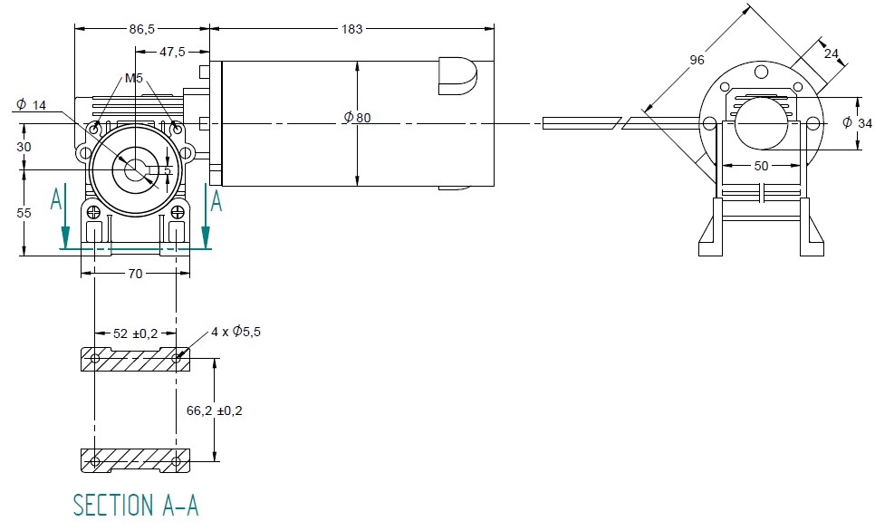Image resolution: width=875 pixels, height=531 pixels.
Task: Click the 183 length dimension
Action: point(351,29)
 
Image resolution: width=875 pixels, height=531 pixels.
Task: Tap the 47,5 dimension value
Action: point(172,53)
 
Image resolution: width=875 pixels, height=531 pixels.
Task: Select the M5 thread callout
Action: point(134,79)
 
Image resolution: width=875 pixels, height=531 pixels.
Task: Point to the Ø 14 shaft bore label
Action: point(31,105)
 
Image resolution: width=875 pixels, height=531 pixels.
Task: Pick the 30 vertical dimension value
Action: point(24,147)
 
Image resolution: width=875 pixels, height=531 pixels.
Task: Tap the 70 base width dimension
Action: point(135,273)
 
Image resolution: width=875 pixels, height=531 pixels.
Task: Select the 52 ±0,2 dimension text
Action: point(135,333)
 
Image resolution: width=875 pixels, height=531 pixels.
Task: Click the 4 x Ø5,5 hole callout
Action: point(237,333)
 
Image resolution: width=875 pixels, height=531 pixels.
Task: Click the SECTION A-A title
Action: point(135,505)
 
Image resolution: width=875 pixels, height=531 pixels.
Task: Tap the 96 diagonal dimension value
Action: point(697,60)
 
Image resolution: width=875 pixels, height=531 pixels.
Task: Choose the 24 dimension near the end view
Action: point(832,53)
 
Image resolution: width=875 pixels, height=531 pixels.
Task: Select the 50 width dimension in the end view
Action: point(760,166)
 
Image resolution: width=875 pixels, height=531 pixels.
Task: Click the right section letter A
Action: point(216,201)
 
